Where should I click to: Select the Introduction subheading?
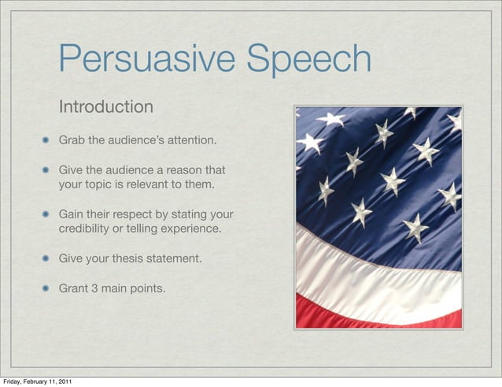click(x=106, y=106)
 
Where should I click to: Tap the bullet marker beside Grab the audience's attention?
click(x=47, y=141)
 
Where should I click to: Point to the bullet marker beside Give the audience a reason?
click(x=47, y=170)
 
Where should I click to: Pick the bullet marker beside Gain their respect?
click(x=47, y=215)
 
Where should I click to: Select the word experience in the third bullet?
click(x=192, y=229)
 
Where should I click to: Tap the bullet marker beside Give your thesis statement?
click(x=47, y=259)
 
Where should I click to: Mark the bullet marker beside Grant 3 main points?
click(x=47, y=288)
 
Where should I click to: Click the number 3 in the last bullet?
click(x=94, y=288)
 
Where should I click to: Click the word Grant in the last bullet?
click(x=74, y=288)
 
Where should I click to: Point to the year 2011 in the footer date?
click(x=64, y=381)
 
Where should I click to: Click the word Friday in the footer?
click(x=12, y=381)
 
